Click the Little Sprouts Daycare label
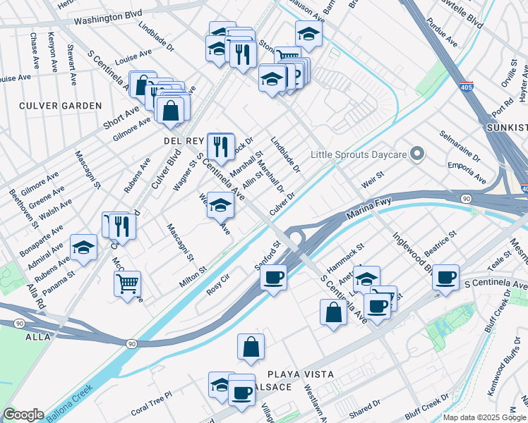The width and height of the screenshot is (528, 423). pos(360,154)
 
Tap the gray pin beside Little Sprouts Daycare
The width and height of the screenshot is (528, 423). pos(417,153)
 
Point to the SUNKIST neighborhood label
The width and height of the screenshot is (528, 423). pos(507,128)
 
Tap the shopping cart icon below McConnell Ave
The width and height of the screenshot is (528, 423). pos(127,283)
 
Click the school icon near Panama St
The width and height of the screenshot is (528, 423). pos(83,247)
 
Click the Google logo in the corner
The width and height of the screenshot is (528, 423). pos(23,415)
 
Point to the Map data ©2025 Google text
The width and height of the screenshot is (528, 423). pos(484,417)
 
